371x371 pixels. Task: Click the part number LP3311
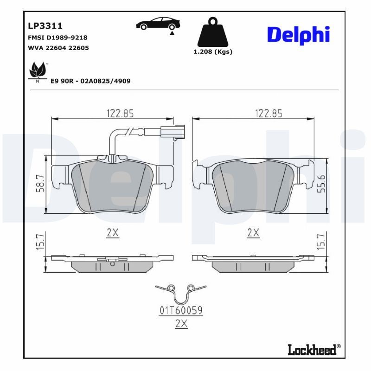[45, 26]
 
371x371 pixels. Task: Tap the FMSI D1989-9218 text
[58, 38]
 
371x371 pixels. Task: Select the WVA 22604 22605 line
[58, 48]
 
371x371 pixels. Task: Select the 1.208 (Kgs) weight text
[213, 52]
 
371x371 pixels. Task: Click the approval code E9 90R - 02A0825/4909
[90, 81]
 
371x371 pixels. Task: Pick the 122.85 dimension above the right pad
[268, 113]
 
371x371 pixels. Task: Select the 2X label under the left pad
[113, 233]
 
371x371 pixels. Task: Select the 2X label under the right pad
[253, 233]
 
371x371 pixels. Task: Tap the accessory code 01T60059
[181, 311]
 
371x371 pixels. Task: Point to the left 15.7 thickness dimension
[41, 242]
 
